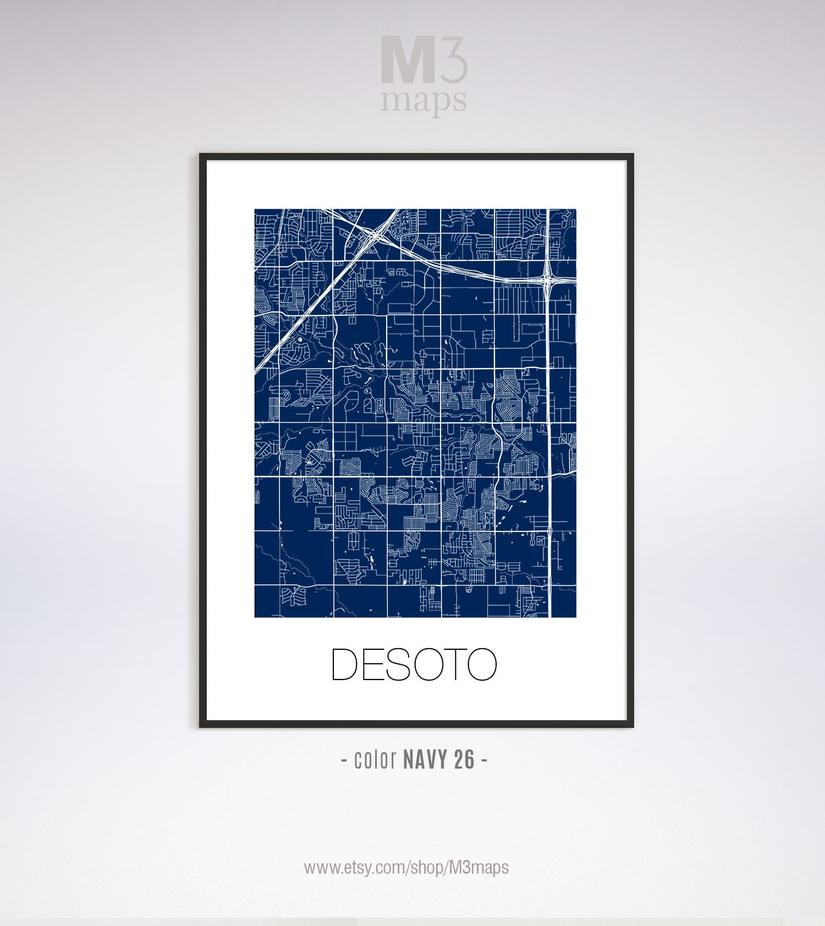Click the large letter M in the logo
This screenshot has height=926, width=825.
point(408,61)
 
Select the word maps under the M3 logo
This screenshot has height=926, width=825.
point(424,101)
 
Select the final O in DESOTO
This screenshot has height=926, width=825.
point(481,665)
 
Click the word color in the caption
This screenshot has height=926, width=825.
point(376,760)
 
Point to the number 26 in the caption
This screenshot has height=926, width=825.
point(465,760)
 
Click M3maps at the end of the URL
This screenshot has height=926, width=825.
point(479,868)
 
